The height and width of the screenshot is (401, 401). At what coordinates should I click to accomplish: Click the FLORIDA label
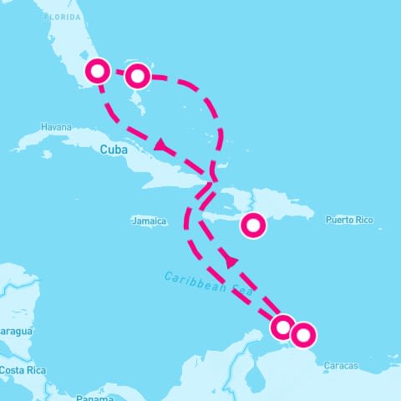[x=64, y=16]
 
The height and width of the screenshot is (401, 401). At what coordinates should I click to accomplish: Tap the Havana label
[x=56, y=127]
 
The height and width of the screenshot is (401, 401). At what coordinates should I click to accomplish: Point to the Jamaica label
[x=150, y=221]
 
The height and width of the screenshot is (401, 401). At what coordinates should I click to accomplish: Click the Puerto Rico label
[x=349, y=221]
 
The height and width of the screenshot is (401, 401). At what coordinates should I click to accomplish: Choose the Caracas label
[x=341, y=366]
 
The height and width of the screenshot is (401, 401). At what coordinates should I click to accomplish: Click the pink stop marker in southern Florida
[x=98, y=71]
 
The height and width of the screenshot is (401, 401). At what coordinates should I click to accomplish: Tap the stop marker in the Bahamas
[x=138, y=76]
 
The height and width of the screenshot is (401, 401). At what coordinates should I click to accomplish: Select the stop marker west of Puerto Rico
[x=254, y=225]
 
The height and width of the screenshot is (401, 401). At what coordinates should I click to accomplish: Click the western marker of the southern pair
[x=283, y=327]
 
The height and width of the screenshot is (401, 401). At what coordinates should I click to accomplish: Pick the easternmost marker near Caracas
[x=303, y=335]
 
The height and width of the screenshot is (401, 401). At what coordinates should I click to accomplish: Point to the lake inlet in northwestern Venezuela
[x=251, y=374]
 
